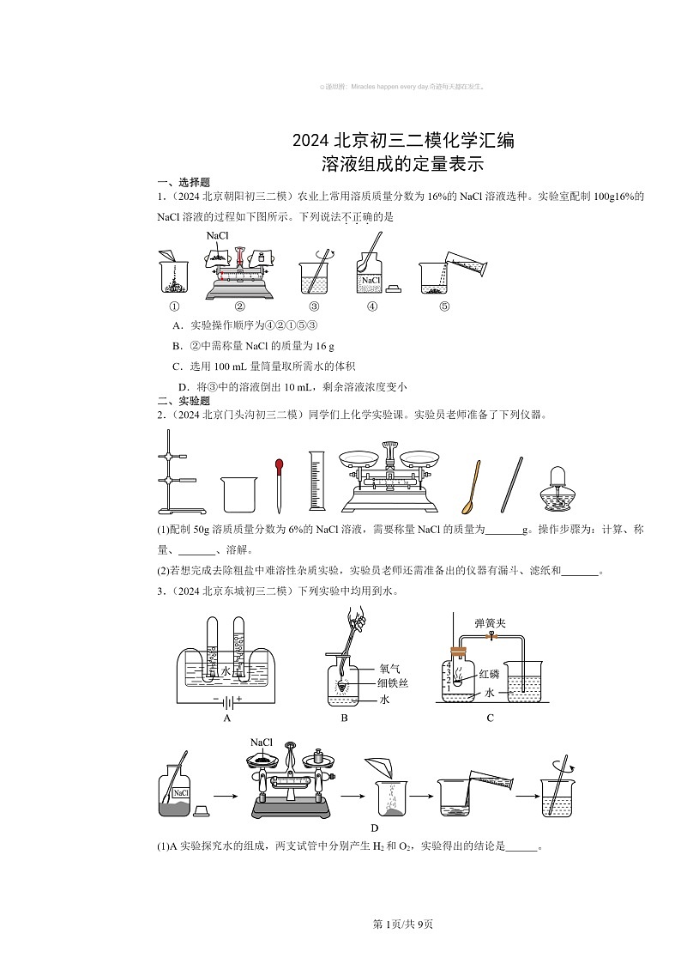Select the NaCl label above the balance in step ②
click(x=218, y=234)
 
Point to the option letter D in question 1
click(x=183, y=387)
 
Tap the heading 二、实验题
click(x=181, y=401)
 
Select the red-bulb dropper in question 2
click(x=279, y=485)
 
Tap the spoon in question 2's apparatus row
click(x=473, y=488)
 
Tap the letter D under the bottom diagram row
click(x=374, y=828)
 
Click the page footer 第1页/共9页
click(x=402, y=924)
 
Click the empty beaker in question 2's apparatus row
click(x=239, y=494)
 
